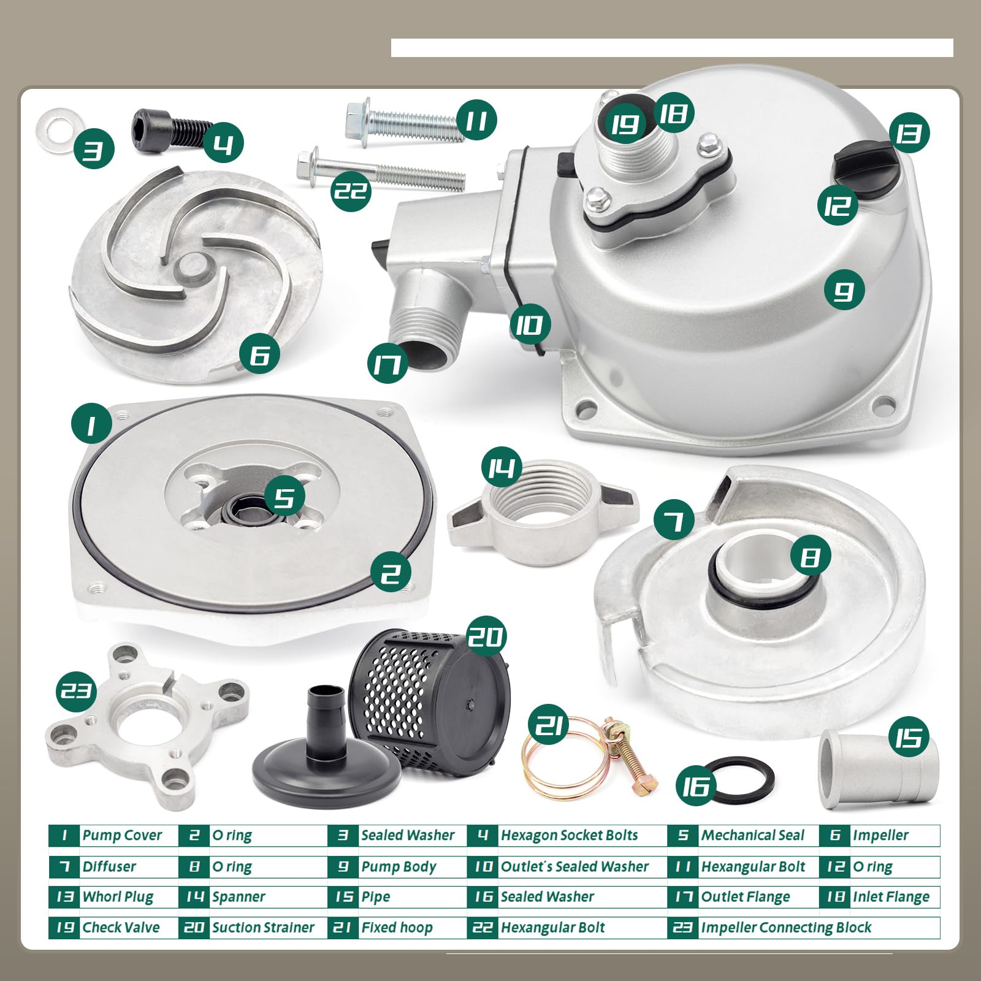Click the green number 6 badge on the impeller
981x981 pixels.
point(259,354)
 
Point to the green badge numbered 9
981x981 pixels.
point(844,290)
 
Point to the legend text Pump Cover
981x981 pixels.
point(122,835)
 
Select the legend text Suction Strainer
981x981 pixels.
point(263,928)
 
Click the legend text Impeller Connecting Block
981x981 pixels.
point(786,928)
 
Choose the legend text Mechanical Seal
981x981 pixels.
point(753,835)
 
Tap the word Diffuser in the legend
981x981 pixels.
point(109,866)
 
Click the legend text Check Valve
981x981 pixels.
point(121,928)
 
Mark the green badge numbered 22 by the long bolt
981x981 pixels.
point(351,191)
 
